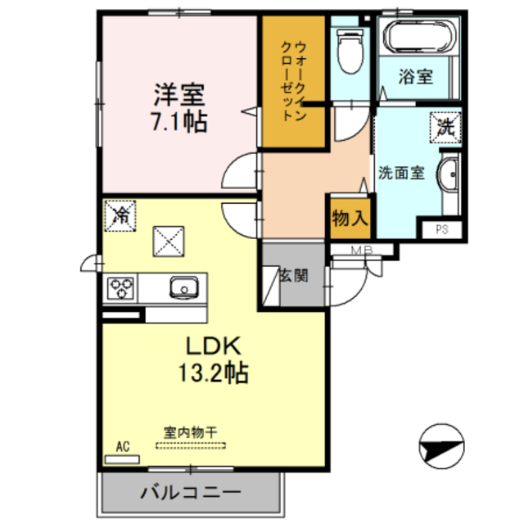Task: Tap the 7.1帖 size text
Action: point(178,122)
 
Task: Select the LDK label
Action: point(214,344)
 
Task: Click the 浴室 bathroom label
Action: point(415,79)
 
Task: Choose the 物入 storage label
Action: point(350,219)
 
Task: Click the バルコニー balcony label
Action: point(189,494)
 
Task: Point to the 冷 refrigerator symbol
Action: point(120,216)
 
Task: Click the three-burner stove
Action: point(123,287)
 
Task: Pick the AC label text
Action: point(123,446)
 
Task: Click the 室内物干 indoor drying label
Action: point(190,432)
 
